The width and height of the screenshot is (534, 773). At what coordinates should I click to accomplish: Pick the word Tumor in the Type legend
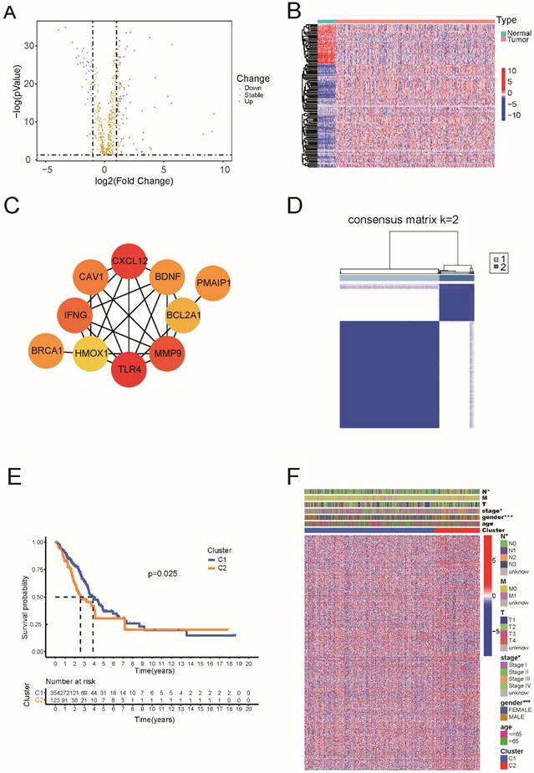[517, 37]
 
